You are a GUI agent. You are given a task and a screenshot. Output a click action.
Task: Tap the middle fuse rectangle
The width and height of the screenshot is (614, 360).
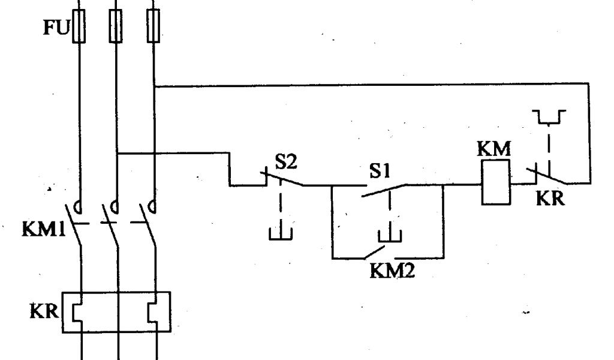(115, 26)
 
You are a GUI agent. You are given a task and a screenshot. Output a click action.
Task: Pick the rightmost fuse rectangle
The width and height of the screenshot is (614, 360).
(154, 26)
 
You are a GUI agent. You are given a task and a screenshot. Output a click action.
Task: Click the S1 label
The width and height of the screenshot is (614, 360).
(380, 172)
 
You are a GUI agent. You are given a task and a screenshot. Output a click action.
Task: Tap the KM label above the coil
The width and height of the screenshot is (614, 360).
(494, 149)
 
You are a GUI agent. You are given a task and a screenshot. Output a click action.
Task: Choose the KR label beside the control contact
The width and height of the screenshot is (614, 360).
(550, 199)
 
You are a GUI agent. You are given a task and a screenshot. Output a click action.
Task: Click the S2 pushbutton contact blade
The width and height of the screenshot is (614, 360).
(282, 178)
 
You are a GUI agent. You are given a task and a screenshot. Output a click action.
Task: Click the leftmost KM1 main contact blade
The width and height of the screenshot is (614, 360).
(76, 225)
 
